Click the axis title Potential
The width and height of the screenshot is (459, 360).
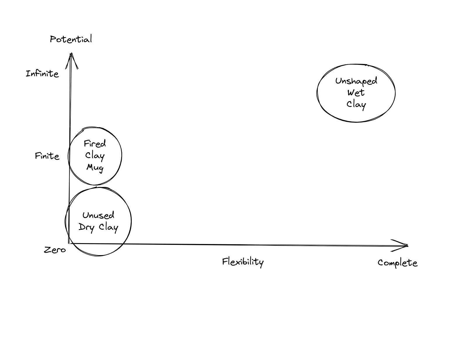pos(71,39)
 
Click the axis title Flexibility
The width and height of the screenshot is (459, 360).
pos(243,262)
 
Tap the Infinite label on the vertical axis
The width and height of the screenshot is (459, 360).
pos(42,73)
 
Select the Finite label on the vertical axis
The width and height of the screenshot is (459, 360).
pos(47,156)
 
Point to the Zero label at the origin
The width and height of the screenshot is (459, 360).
pos(55,250)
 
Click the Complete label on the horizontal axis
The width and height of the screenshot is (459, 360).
pos(397,262)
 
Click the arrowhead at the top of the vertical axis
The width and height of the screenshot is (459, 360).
pos(71,57)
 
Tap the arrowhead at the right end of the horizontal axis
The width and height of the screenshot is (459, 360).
pos(404,245)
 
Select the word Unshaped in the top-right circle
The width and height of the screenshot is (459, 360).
pos(356,81)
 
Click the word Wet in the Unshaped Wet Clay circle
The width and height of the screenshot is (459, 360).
pos(356,93)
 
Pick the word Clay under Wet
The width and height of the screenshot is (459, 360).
pos(356,104)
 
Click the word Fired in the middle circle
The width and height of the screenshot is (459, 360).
pos(95,143)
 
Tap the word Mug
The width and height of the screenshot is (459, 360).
pos(95,168)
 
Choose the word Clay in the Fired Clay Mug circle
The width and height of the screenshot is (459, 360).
pos(95,156)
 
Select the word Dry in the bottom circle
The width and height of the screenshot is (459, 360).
pos(86,227)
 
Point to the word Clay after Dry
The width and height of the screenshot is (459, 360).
pos(108,227)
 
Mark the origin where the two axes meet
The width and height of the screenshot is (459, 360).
pos(69,243)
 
